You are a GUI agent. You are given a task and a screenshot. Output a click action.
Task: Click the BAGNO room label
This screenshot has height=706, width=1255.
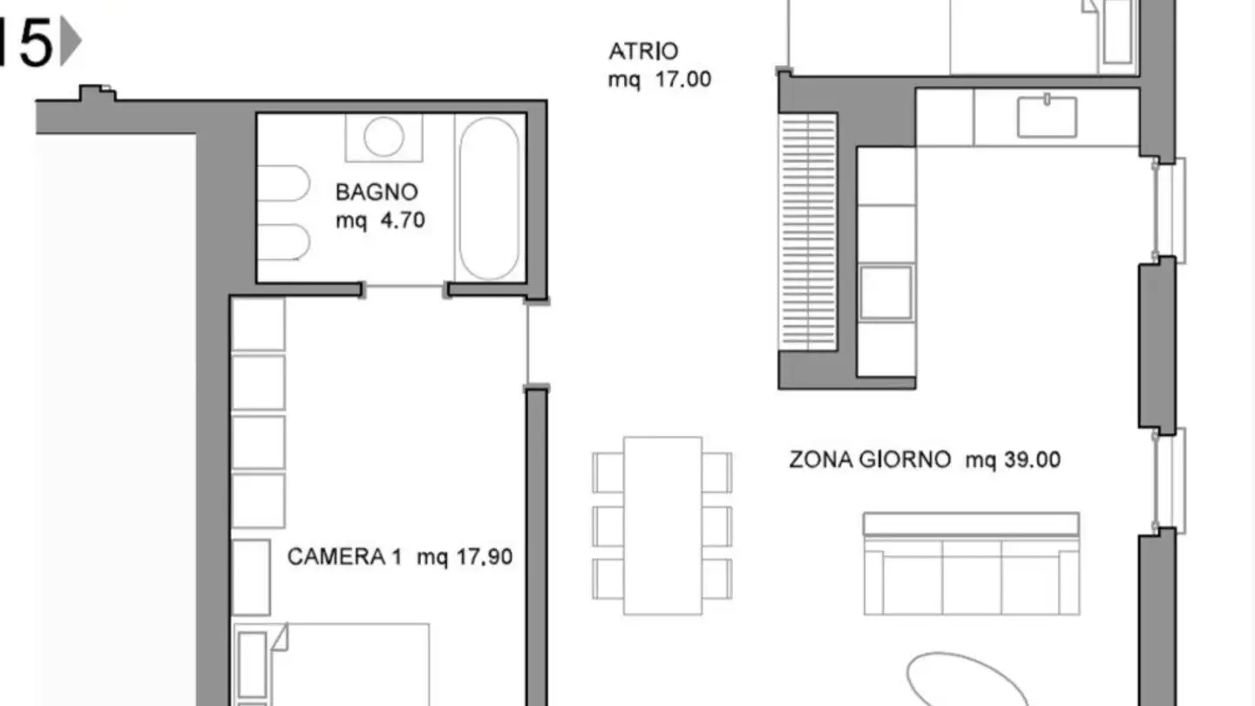(376, 192)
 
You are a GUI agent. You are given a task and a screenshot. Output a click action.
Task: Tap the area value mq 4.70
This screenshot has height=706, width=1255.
(381, 221)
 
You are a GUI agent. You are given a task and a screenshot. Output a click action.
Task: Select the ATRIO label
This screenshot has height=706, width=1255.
(643, 51)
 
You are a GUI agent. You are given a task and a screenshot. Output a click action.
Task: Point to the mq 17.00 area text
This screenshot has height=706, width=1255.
(660, 80)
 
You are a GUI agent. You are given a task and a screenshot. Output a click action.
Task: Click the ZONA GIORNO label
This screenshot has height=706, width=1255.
(870, 460)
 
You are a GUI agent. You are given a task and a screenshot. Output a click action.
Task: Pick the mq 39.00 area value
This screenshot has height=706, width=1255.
(1013, 460)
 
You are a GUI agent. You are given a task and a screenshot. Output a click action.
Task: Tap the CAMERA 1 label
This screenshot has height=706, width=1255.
(345, 557)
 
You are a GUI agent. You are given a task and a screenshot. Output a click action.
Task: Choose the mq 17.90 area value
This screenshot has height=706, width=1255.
(465, 557)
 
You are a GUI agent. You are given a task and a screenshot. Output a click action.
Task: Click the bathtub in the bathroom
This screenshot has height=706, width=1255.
(489, 199)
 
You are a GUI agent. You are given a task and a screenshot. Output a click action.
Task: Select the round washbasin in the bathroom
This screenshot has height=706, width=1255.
(383, 137)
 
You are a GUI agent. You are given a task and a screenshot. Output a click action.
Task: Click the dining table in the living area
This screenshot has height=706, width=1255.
(662, 525)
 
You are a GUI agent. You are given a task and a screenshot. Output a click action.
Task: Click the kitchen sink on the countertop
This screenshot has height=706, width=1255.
(1047, 117)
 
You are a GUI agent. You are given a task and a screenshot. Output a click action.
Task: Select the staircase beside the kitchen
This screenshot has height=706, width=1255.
(808, 231)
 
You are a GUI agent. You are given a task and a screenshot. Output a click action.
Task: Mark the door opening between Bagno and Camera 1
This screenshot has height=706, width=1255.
(404, 289)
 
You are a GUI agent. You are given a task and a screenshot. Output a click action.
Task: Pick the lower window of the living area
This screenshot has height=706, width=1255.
(1168, 479)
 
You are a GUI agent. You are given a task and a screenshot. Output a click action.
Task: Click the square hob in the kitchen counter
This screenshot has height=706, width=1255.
(886, 292)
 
